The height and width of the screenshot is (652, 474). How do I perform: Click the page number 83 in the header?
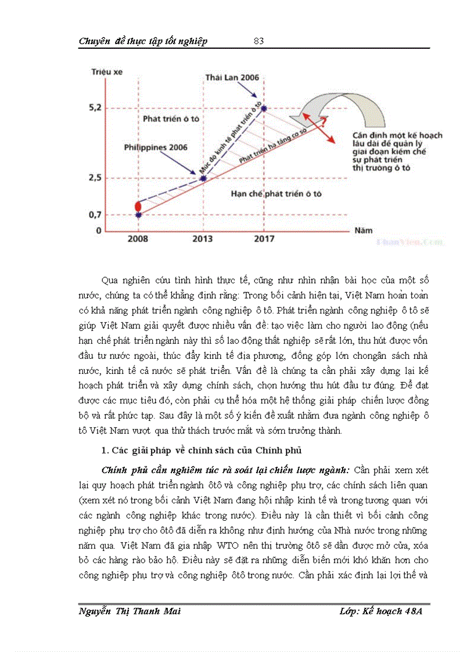259,41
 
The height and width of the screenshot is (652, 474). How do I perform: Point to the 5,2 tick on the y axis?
95,108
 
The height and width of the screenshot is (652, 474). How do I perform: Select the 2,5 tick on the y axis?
95,178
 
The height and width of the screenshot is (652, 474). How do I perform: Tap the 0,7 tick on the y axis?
95,215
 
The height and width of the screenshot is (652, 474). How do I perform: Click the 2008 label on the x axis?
138,239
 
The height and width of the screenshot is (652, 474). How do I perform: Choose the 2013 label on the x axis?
202,239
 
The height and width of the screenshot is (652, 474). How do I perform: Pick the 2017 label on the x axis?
264,239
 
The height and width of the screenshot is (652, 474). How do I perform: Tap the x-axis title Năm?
363,230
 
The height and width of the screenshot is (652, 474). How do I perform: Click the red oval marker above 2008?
138,206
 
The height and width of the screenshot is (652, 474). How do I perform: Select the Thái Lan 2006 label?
232,77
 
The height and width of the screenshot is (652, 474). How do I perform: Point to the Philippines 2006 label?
156,147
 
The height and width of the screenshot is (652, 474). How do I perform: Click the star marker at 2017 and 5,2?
264,108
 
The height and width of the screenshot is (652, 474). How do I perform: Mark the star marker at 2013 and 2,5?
202,178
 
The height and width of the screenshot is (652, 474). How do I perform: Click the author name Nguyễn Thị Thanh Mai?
129,613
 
